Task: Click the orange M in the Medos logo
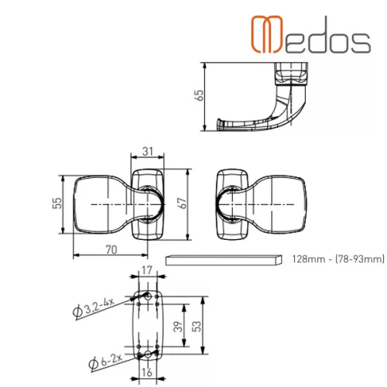point(267,34)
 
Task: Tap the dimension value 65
point(199,95)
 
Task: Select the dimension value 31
point(148,152)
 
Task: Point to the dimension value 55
point(57,203)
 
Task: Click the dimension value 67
point(182,203)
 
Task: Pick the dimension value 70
point(111,249)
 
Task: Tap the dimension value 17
point(147,270)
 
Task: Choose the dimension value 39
point(178,327)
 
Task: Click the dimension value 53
point(197,327)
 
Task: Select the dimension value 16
point(147,372)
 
